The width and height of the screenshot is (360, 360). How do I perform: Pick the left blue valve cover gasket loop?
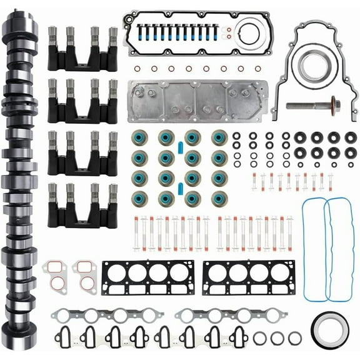[314, 248]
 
